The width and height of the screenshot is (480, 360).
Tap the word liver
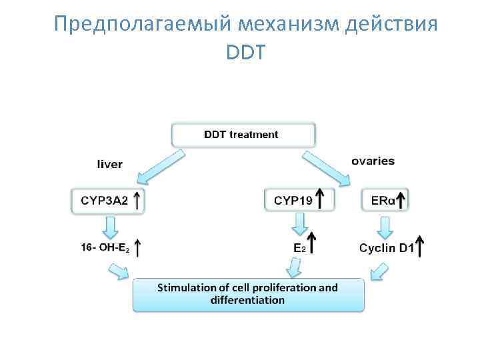[x=109, y=163]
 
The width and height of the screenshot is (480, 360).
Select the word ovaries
[x=373, y=161]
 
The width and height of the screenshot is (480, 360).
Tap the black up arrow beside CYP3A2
[x=137, y=200]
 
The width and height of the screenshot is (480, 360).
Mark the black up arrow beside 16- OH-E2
[x=137, y=248]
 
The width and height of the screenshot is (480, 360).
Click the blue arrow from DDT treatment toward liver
[x=159, y=166]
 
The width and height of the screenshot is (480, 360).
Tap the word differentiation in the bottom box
[x=247, y=300]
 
